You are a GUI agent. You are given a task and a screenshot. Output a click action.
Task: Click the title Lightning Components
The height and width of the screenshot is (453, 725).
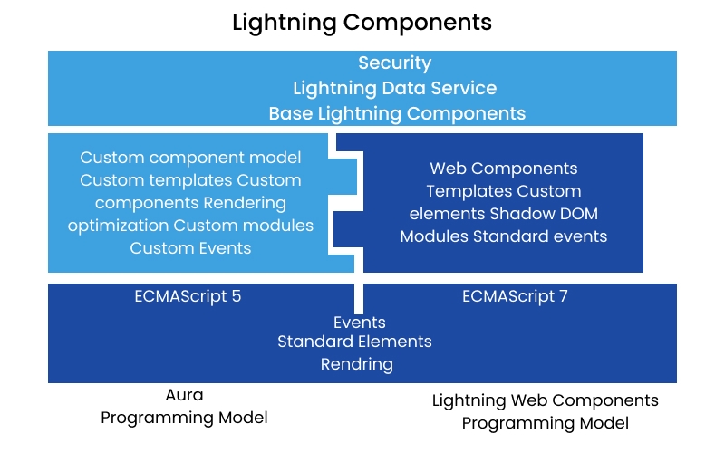coord(362,22)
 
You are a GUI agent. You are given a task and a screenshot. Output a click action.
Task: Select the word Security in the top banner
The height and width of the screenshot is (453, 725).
coord(394,63)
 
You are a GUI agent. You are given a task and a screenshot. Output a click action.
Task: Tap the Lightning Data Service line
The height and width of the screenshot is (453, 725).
coord(394,88)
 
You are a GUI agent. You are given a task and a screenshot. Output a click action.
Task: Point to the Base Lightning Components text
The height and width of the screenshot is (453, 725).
coord(397,113)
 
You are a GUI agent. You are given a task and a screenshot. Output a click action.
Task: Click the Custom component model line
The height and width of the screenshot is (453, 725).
coord(190,157)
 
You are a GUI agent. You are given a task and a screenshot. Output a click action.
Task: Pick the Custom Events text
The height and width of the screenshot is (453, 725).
coord(190,247)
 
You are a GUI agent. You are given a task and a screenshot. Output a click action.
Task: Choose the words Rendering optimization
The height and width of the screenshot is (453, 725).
coord(190,213)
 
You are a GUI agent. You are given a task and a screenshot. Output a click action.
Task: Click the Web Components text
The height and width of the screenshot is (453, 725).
coord(503,169)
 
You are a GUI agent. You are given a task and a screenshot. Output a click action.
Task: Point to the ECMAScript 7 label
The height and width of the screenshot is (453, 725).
coord(515,296)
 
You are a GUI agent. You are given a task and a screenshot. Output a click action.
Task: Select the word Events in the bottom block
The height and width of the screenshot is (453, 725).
coord(359,323)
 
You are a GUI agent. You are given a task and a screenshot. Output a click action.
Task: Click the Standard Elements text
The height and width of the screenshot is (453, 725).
coord(354,342)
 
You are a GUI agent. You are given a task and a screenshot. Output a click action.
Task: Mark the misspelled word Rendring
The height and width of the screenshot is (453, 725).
coord(356,364)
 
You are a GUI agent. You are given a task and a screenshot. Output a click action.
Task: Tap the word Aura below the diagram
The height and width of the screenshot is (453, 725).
coord(184,396)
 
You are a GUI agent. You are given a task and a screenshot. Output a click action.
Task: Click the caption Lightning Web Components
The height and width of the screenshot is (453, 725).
coord(545,400)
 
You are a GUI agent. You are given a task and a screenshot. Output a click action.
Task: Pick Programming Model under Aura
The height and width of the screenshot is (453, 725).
coord(184,418)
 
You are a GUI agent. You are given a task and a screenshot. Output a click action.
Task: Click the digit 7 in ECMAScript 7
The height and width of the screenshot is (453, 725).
coord(563,296)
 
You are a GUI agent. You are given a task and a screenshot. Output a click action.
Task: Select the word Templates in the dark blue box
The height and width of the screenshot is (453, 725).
coord(469,191)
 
